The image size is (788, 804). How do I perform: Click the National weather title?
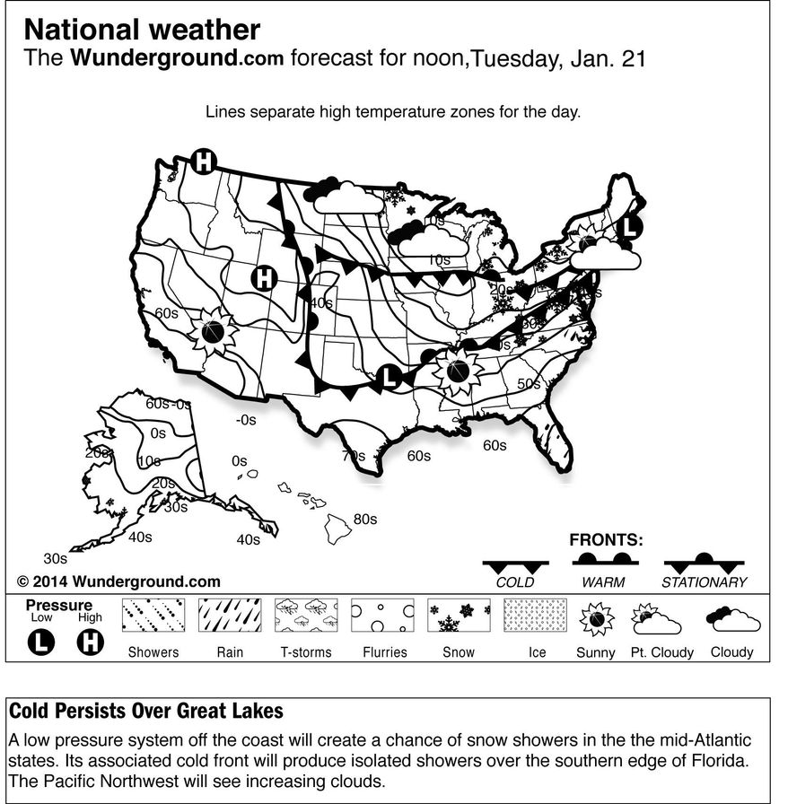tap(142, 31)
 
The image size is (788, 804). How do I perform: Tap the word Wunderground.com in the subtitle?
tap(177, 59)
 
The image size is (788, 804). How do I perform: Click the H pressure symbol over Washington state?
tap(205, 162)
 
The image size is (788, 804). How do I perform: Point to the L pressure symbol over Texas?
tap(389, 378)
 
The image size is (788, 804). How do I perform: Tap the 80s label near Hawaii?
tap(365, 519)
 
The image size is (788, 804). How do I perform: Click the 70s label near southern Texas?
tap(354, 456)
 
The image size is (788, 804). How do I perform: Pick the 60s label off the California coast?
tap(167, 313)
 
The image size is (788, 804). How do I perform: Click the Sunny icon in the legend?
tap(595, 620)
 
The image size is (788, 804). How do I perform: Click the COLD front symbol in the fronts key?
tap(515, 565)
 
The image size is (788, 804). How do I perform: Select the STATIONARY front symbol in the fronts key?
tap(704, 564)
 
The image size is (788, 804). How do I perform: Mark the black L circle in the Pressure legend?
tap(42, 643)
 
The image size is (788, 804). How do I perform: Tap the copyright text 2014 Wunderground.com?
tap(118, 581)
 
